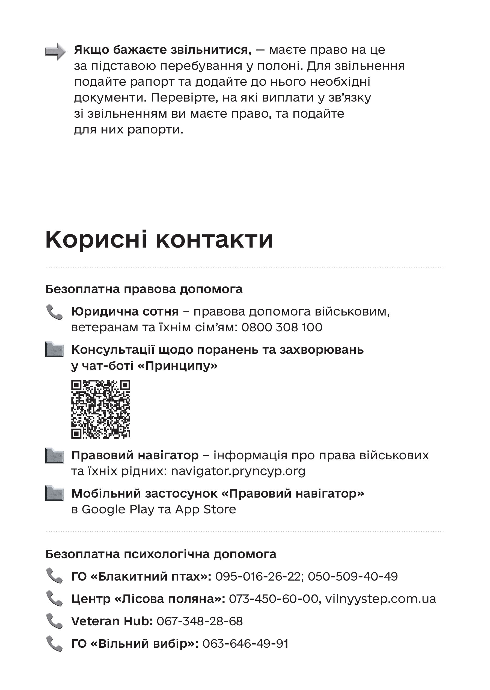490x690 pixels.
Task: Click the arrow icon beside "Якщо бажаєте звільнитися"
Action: pyautogui.click(x=55, y=51)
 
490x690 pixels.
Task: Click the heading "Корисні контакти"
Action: pyautogui.click(x=159, y=240)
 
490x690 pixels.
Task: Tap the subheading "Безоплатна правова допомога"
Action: pyautogui.click(x=144, y=289)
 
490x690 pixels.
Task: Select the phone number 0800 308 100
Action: pyautogui.click(x=282, y=327)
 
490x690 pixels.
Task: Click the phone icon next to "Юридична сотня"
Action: pyautogui.click(x=54, y=312)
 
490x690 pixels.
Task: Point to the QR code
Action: pyautogui.click(x=100, y=409)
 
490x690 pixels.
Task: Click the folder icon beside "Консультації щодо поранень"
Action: pyautogui.click(x=54, y=349)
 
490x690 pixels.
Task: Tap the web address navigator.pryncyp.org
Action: pyautogui.click(x=238, y=471)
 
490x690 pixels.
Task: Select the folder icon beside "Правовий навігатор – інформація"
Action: pyautogui.click(x=54, y=455)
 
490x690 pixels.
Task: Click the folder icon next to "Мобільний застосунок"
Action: pyautogui.click(x=54, y=493)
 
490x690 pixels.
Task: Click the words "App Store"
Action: pyautogui.click(x=206, y=509)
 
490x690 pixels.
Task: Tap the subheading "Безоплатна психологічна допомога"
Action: pyautogui.click(x=161, y=554)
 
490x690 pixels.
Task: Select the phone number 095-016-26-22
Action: pyautogui.click(x=258, y=576)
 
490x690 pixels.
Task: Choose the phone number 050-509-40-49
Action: pyautogui.click(x=353, y=576)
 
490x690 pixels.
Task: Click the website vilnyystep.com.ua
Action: pyautogui.click(x=381, y=599)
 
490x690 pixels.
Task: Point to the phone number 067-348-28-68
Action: pyautogui.click(x=200, y=621)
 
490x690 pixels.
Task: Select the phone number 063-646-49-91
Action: pyautogui.click(x=245, y=644)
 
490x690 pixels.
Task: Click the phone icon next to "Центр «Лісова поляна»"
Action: pyautogui.click(x=54, y=599)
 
